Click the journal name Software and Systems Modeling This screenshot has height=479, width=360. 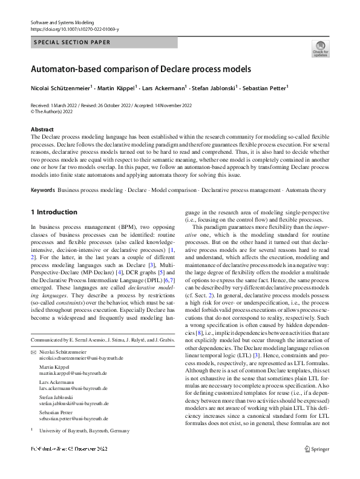tap(59, 21)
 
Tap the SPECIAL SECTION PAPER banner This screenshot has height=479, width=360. tap(72, 43)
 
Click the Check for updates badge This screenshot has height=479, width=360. tap(320, 48)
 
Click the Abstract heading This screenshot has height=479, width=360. tap(42, 130)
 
